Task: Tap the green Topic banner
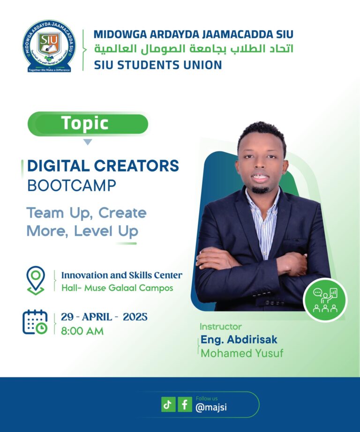pyautogui.click(x=88, y=124)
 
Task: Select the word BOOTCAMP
pyautogui.click(x=72, y=185)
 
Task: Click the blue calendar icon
pyautogui.click(x=35, y=322)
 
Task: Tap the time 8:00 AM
pyautogui.click(x=82, y=331)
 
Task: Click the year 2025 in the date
pyautogui.click(x=135, y=317)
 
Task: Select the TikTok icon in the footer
pyautogui.click(x=168, y=404)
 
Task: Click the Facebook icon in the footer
pyautogui.click(x=185, y=404)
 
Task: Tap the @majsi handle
pyautogui.click(x=211, y=407)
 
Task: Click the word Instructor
pyautogui.click(x=221, y=327)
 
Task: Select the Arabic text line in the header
pyautogui.click(x=194, y=49)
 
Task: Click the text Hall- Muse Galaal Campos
pyautogui.click(x=117, y=288)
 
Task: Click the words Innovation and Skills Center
pyautogui.click(x=122, y=275)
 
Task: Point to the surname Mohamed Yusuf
pyautogui.click(x=242, y=353)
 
